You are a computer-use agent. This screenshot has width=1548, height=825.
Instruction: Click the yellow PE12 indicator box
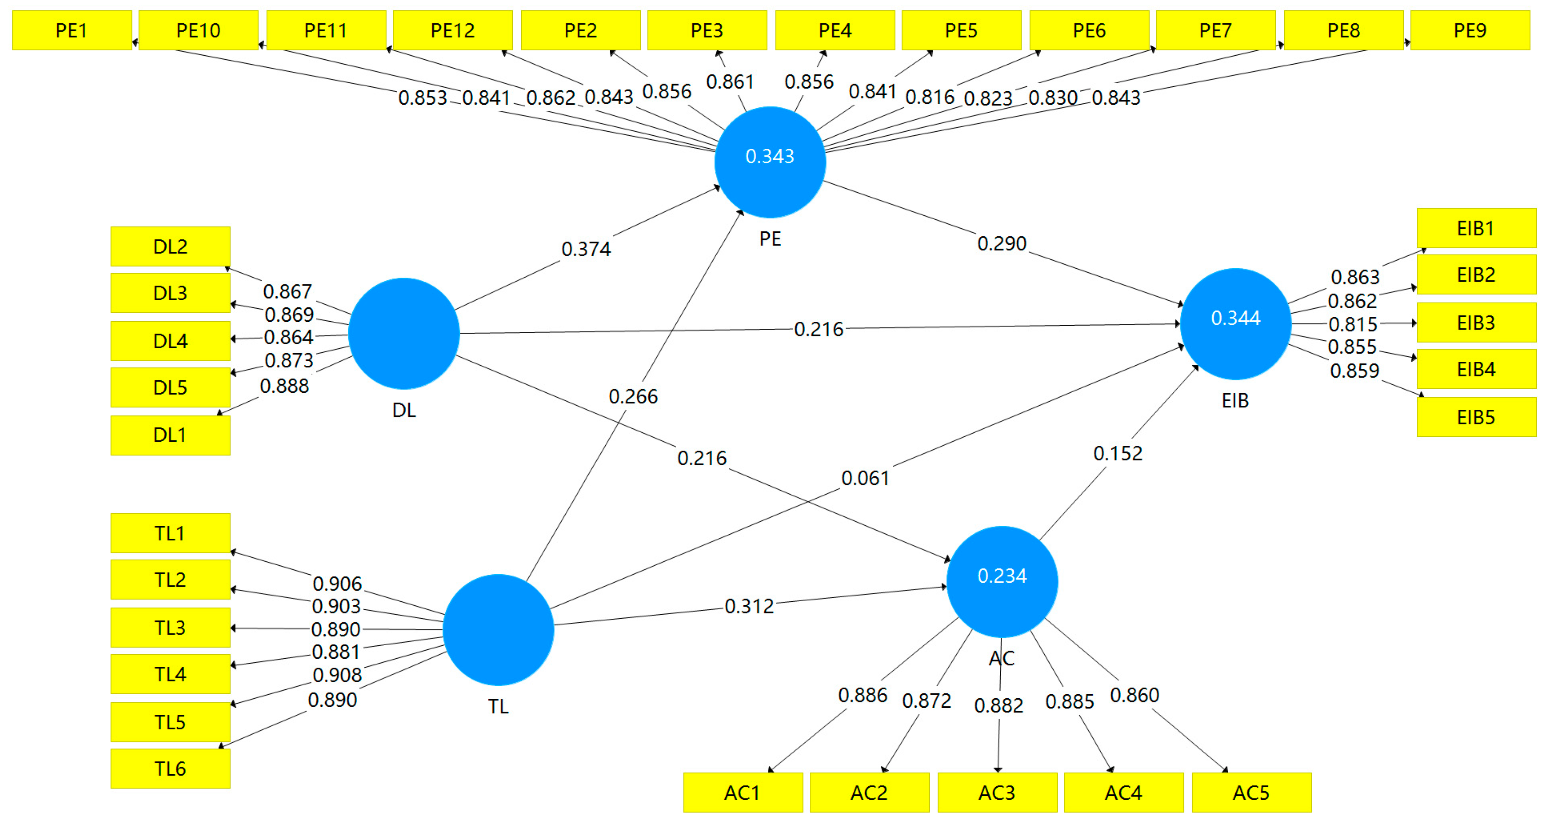[452, 30]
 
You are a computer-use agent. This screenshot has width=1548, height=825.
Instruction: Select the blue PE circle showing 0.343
[770, 162]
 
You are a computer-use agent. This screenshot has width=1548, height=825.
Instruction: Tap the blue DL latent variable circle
[404, 333]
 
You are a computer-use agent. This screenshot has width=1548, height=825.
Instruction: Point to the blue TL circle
[498, 630]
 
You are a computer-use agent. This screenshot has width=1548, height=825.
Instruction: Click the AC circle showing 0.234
[1002, 581]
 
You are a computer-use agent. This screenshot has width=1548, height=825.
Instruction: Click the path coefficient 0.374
[586, 249]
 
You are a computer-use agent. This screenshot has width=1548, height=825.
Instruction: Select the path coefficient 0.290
[1002, 244]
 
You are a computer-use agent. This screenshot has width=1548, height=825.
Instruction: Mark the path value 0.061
[865, 478]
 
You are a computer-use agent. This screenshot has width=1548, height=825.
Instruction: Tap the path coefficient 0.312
[749, 606]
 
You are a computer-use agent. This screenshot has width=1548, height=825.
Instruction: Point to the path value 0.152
[1118, 453]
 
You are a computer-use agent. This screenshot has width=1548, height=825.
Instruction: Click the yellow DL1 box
[170, 435]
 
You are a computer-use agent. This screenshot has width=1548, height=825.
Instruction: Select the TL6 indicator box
[170, 768]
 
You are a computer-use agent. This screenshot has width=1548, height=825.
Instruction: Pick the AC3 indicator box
[997, 793]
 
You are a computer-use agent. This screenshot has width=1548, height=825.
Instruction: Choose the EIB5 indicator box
[1476, 417]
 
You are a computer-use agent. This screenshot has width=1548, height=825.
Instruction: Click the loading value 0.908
[337, 675]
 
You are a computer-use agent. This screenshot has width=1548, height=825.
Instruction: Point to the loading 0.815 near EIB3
[1353, 324]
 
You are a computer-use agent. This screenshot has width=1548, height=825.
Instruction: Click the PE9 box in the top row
[1470, 30]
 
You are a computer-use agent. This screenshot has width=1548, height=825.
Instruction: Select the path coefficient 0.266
[633, 397]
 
